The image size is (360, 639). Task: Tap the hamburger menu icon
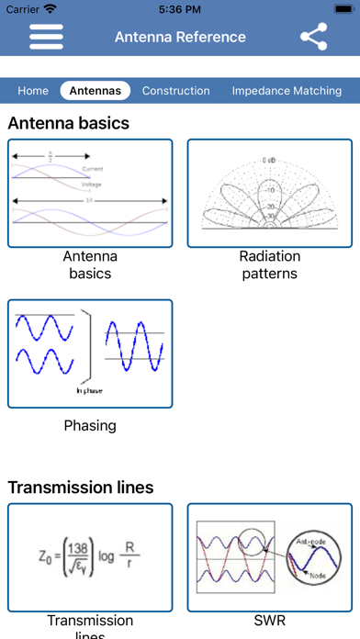[x=46, y=37]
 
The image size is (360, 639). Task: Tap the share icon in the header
[x=314, y=37]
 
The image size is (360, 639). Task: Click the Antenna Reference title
[x=180, y=37]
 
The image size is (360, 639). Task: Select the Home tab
[x=33, y=91]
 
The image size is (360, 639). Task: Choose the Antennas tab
[x=96, y=91]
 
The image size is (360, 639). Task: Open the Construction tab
[x=175, y=91]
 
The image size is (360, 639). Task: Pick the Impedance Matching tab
[x=287, y=91]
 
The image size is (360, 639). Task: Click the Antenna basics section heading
[x=69, y=123]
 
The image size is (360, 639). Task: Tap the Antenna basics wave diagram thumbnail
[x=90, y=193]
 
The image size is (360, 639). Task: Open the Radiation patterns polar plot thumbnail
[x=270, y=193]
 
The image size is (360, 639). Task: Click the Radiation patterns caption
[x=270, y=264]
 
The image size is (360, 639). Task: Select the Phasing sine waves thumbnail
[x=90, y=353]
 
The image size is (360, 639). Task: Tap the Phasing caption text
[x=90, y=425]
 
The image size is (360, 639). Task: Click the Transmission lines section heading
[x=81, y=487]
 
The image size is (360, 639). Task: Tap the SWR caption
[x=270, y=621]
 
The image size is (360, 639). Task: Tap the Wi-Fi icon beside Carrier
[x=50, y=8]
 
